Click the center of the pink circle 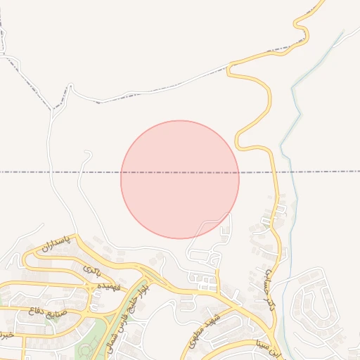[x=180, y=179]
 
